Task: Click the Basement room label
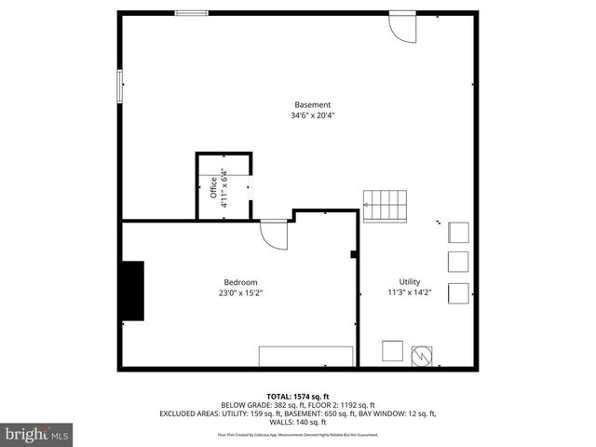(x=312, y=104)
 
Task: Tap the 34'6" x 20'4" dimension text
(x=312, y=115)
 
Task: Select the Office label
(x=213, y=188)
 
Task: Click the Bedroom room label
(x=240, y=282)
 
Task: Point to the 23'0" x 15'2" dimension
(x=240, y=293)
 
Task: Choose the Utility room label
(x=411, y=281)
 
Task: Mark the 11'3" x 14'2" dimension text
(x=411, y=292)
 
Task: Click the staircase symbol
(x=385, y=205)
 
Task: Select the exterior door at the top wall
(x=403, y=25)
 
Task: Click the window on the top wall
(x=192, y=12)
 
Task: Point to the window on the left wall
(x=118, y=86)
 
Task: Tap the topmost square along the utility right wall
(x=459, y=232)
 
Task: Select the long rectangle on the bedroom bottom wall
(x=305, y=357)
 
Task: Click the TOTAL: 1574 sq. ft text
(x=298, y=396)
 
